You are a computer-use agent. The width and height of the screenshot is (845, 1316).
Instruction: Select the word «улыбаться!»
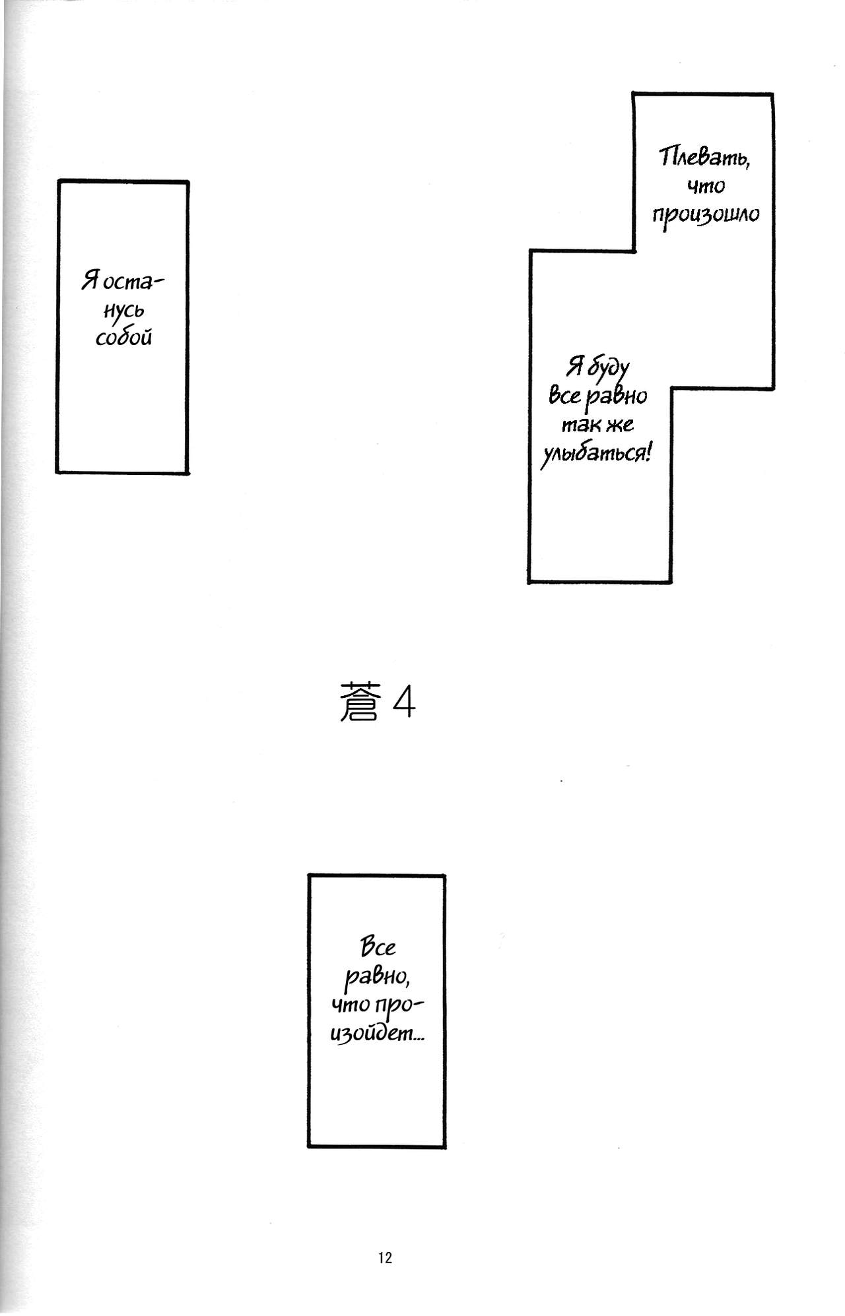[596, 454]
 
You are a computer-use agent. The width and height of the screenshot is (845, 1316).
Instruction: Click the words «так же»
[597, 425]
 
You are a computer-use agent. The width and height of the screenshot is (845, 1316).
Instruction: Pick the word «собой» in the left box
[124, 337]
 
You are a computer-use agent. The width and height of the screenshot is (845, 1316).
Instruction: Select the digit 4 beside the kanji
[404, 703]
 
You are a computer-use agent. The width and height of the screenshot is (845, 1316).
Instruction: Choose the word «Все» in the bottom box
[378, 947]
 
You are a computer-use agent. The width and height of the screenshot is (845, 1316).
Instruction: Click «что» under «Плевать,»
[706, 187]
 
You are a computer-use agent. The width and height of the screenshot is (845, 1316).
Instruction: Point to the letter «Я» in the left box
[90, 281]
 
